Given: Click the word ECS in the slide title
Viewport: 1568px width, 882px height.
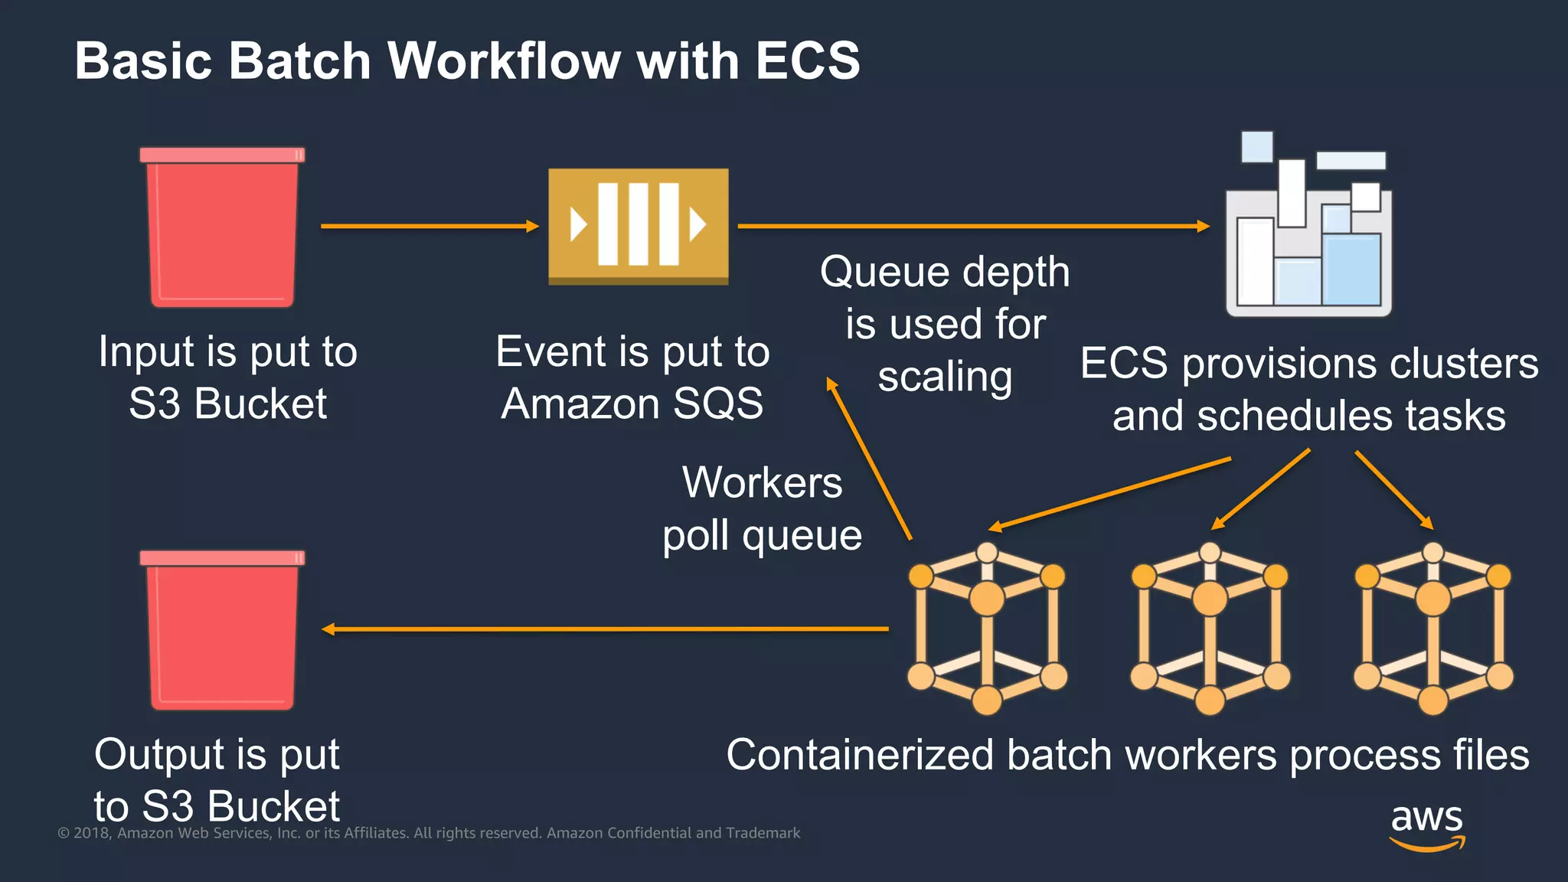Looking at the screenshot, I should tap(807, 60).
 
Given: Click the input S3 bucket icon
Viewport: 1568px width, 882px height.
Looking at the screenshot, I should tap(222, 228).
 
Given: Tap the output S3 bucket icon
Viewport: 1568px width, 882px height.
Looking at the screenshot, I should tap(222, 630).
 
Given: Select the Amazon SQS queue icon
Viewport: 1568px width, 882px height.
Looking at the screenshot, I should tap(638, 225).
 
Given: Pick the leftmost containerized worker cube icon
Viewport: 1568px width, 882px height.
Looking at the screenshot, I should tap(987, 629).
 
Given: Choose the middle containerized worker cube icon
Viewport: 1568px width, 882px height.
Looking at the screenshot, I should tap(1210, 629).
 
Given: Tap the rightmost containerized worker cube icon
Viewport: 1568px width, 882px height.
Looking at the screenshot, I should tap(1432, 629).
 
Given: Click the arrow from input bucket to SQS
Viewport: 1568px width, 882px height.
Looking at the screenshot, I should tap(429, 226).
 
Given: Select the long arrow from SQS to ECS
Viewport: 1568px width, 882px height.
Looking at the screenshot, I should tap(972, 226).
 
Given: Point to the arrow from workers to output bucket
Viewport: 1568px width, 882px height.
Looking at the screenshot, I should tap(605, 629).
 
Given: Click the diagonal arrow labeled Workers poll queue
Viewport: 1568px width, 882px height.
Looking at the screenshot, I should tap(869, 459).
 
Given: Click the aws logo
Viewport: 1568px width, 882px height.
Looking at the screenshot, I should tap(1426, 827).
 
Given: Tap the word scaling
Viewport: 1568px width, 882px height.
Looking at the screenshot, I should tap(945, 377).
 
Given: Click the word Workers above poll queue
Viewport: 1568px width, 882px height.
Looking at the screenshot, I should tap(762, 483).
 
